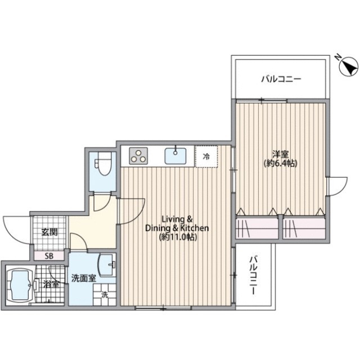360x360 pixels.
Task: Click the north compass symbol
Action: (x=349, y=66)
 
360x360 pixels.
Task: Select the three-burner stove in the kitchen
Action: (x=138, y=156)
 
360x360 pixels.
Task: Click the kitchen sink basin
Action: (x=175, y=156)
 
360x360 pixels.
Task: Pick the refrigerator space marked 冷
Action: (x=206, y=156)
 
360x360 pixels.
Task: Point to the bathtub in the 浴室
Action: (x=21, y=285)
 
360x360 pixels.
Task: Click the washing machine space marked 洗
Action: (x=105, y=295)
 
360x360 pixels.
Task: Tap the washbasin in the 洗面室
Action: (x=107, y=265)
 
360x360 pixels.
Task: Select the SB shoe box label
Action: (x=49, y=256)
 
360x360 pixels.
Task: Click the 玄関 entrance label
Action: (x=49, y=232)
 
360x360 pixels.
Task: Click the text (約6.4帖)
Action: (x=281, y=164)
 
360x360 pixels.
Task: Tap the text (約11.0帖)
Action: (x=178, y=237)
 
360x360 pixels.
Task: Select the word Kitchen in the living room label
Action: (x=194, y=228)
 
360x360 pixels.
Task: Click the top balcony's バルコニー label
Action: (x=281, y=79)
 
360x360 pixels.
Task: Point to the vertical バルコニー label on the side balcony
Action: (x=253, y=276)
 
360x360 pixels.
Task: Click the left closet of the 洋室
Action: (x=257, y=228)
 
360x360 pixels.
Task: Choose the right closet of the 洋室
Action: (x=304, y=228)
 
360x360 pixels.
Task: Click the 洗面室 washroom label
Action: (x=84, y=278)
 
